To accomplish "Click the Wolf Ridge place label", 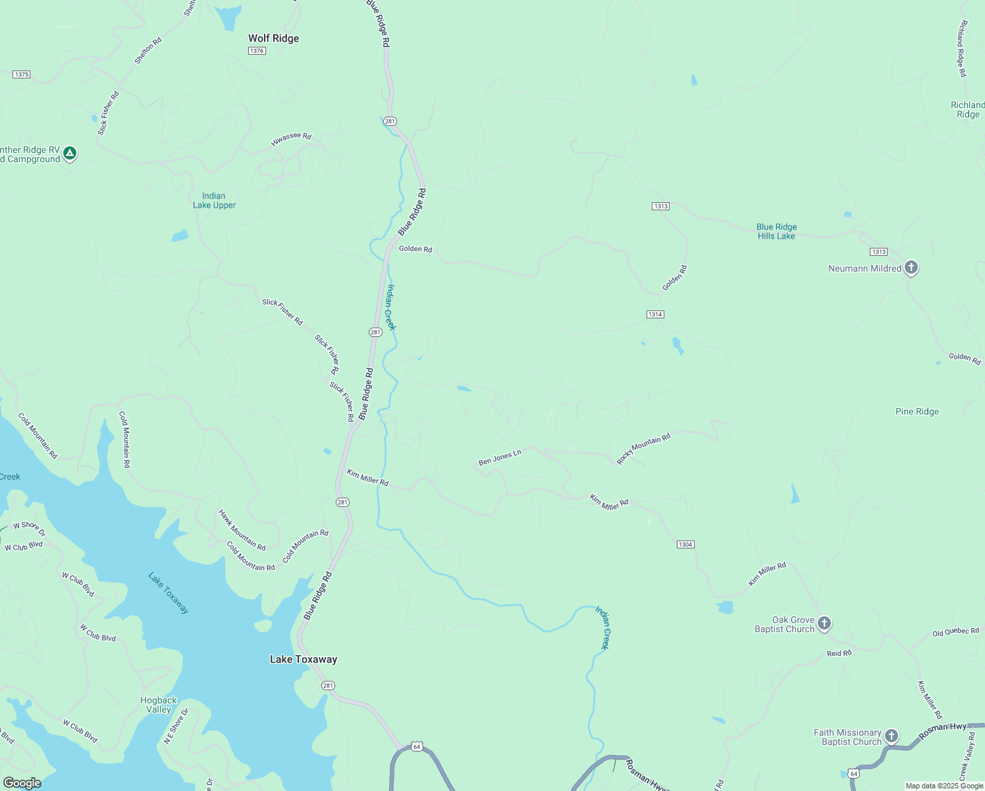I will [273, 38].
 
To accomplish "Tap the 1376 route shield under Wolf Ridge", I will [257, 51].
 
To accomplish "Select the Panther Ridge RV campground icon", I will [70, 154].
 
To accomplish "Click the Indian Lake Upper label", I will [214, 200].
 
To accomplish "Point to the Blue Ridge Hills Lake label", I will [776, 231].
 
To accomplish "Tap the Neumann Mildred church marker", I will [911, 267].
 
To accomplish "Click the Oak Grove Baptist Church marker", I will [824, 623].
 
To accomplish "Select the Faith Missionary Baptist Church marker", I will [891, 736].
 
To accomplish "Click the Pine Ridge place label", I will [917, 411].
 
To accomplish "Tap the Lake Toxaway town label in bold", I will [304, 659].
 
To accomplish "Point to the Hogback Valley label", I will [158, 705].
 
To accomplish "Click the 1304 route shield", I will [685, 544].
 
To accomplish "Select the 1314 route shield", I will [654, 314].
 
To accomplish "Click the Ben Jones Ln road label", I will [500, 457].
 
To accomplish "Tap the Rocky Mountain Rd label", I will [643, 448].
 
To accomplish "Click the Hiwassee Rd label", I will [291, 139].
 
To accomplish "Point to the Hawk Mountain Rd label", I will [242, 530].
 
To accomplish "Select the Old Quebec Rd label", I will [955, 631].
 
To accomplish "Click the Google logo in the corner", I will [22, 783].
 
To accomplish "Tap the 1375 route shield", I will [21, 74].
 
